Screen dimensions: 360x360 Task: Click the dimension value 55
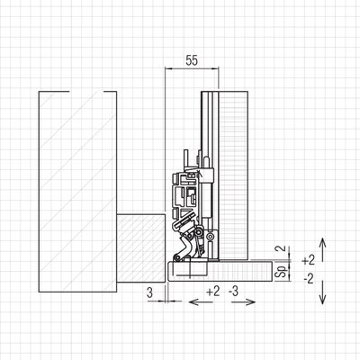(x=192, y=60)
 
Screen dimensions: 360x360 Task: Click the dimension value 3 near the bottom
(x=150, y=292)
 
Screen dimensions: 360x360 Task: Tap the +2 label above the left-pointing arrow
(x=213, y=291)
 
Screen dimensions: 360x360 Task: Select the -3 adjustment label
(x=233, y=291)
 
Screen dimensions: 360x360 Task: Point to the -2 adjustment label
(x=309, y=279)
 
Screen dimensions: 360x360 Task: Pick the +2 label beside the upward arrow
(x=309, y=260)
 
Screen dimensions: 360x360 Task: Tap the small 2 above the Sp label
(x=280, y=249)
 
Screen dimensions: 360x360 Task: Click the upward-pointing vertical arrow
(x=322, y=249)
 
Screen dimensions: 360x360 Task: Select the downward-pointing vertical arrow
(x=322, y=292)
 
